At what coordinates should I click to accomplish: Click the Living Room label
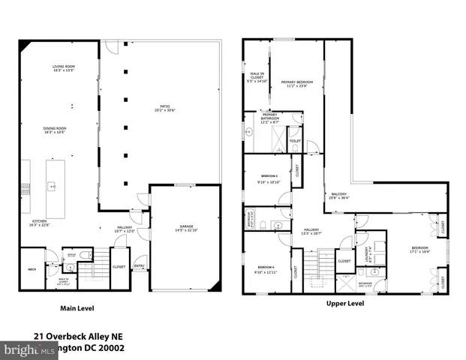[64, 67]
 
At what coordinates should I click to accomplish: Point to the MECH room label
[33, 269]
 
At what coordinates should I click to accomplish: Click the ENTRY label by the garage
[139, 265]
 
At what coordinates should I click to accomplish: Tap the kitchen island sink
[53, 185]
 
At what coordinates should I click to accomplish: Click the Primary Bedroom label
[297, 82]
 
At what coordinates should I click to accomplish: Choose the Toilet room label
[294, 140]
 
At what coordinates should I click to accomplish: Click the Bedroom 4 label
[266, 267]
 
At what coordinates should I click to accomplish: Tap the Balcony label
[339, 193]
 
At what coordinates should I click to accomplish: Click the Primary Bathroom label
[270, 115]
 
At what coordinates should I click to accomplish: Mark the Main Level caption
[77, 307]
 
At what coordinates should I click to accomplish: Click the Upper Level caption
[345, 304]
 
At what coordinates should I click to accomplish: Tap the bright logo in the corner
[21, 349]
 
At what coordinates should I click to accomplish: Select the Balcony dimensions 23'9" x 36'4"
[339, 198]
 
